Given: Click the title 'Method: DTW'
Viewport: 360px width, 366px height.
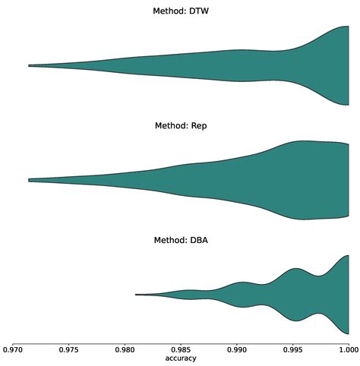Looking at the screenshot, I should tap(181, 11).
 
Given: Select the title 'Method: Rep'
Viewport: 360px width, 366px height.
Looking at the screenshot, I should tap(181, 125).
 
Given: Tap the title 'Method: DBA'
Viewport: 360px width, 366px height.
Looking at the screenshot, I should tap(181, 240).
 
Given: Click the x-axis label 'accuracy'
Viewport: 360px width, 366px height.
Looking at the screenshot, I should tap(181, 358).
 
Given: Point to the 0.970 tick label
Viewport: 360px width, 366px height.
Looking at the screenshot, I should tap(14, 350).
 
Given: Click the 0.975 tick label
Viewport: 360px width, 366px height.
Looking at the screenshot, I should tap(69, 350).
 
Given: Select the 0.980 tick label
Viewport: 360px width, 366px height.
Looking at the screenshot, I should tap(125, 350).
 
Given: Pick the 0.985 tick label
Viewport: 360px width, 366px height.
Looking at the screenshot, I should tap(181, 350).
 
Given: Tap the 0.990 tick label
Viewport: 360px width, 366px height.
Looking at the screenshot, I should tap(237, 350).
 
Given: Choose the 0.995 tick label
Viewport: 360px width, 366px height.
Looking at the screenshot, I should tap(292, 350).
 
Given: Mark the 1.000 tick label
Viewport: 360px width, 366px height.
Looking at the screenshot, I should tap(348, 350).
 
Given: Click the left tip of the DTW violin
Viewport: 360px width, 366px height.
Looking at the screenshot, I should tap(30, 66).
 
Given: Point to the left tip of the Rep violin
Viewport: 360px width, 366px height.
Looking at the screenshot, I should tap(30, 180).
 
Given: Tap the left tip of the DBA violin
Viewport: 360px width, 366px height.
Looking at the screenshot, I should tap(137, 294).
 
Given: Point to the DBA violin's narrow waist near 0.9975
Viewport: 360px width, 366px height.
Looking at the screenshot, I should tap(320, 294).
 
